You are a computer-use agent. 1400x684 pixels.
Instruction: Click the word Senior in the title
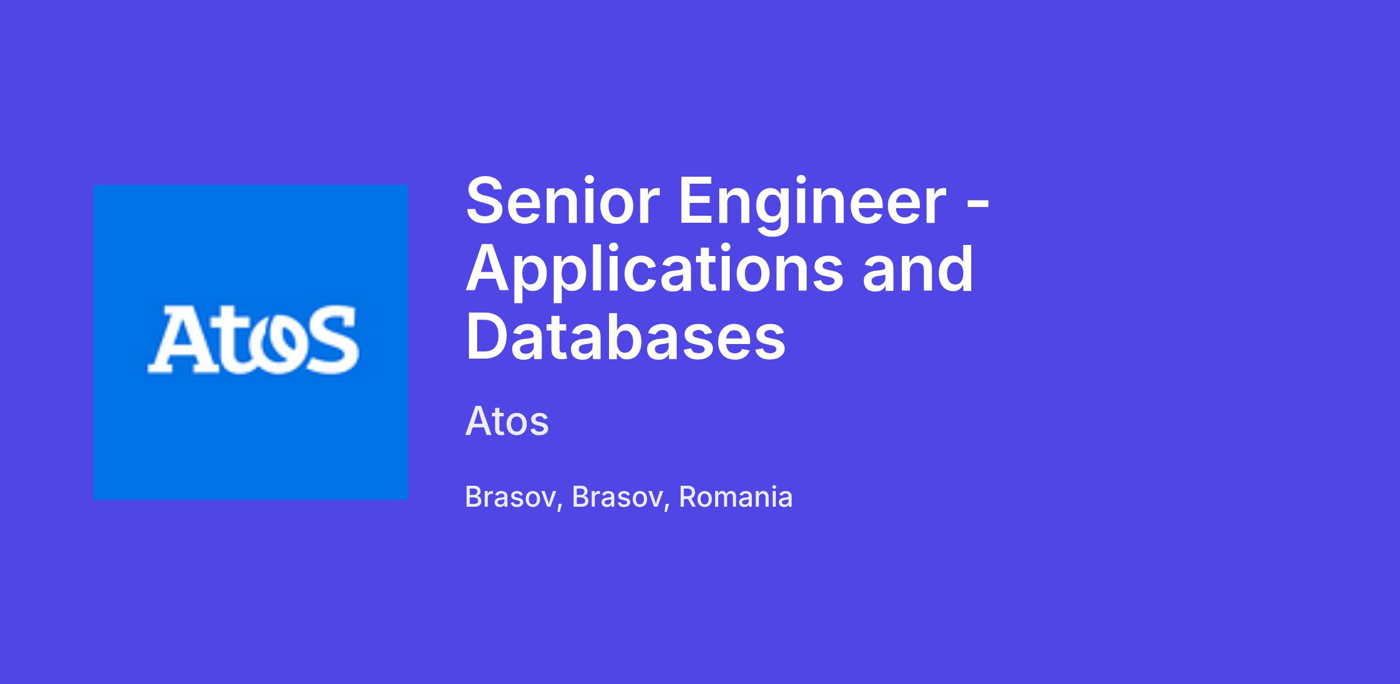[562, 201]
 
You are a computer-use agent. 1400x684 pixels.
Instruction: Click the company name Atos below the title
[507, 421]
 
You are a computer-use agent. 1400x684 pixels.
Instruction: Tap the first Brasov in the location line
[509, 497]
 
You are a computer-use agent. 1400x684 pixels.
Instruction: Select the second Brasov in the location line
[616, 497]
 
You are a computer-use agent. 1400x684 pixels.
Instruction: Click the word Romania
[736, 497]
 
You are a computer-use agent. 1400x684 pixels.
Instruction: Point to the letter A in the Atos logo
[178, 341]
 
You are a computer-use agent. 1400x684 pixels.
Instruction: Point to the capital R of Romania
[689, 497]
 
